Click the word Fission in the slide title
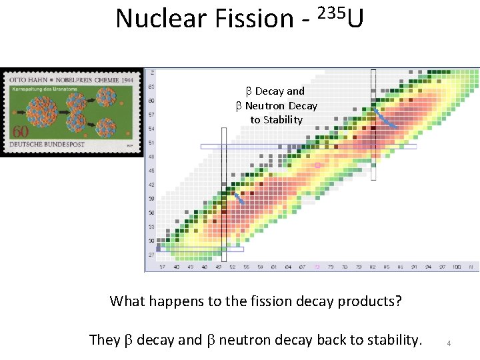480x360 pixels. tap(254, 19)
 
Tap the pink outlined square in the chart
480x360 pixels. tap(318, 165)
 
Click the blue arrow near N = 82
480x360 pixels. tap(385, 118)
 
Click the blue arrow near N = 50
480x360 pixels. tap(237, 197)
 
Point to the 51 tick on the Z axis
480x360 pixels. tap(153, 142)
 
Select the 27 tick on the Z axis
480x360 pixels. tap(153, 255)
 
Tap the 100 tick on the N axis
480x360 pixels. tap(456, 267)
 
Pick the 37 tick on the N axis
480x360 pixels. tap(162, 267)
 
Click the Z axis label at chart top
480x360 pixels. tap(153, 72)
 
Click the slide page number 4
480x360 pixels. tap(449, 343)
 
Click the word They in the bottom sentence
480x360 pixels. tap(105, 340)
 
